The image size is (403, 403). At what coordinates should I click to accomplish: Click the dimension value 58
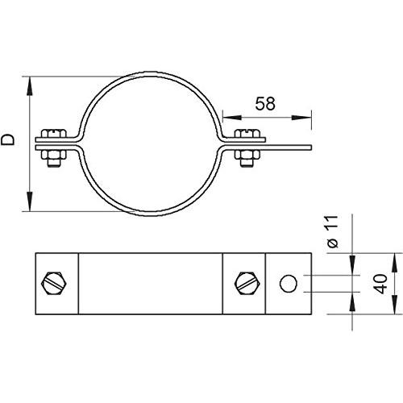click(x=265, y=104)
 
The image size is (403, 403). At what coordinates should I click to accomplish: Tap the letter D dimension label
click(x=8, y=140)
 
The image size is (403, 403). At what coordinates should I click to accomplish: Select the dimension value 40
click(x=380, y=284)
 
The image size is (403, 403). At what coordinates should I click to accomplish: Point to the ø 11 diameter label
click(x=332, y=231)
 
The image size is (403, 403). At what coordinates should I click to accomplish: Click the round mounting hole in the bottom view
click(x=289, y=284)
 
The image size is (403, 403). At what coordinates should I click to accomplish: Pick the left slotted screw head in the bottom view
click(x=54, y=284)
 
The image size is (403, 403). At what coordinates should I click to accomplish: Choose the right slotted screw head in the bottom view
click(x=247, y=284)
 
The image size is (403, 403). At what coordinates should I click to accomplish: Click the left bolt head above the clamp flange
click(x=54, y=133)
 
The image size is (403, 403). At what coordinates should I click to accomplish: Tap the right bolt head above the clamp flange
click(x=247, y=133)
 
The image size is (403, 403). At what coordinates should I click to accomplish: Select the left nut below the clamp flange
click(x=54, y=158)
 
